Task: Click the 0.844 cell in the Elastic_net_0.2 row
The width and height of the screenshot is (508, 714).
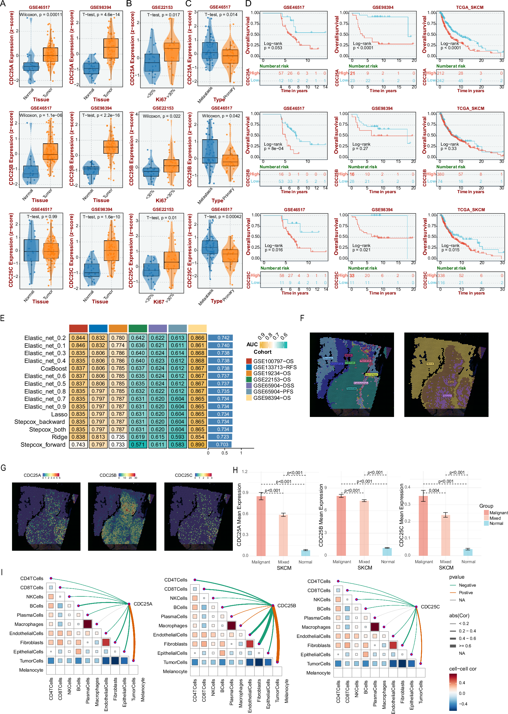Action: tap(78, 338)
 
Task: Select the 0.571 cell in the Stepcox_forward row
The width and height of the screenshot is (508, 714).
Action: tap(138, 444)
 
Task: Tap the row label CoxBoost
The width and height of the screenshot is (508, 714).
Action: tap(54, 368)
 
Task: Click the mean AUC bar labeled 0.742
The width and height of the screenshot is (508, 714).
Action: tap(220, 338)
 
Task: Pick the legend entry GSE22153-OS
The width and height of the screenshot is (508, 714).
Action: tap(271, 379)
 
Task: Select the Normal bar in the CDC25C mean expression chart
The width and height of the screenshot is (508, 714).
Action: tap(468, 552)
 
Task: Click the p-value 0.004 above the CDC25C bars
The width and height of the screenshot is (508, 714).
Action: tap(434, 490)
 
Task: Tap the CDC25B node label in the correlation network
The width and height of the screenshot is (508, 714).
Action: tap(287, 606)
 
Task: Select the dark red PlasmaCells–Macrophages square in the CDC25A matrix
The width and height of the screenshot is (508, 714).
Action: tap(88, 624)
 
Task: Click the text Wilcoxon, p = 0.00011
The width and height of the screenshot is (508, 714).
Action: tap(41, 15)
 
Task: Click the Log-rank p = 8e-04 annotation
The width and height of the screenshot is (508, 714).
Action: tap(274, 146)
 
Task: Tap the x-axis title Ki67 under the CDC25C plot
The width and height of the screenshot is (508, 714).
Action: tap(159, 302)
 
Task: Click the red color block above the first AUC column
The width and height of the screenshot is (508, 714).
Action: tap(78, 328)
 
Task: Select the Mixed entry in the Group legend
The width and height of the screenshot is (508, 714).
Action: tap(495, 518)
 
